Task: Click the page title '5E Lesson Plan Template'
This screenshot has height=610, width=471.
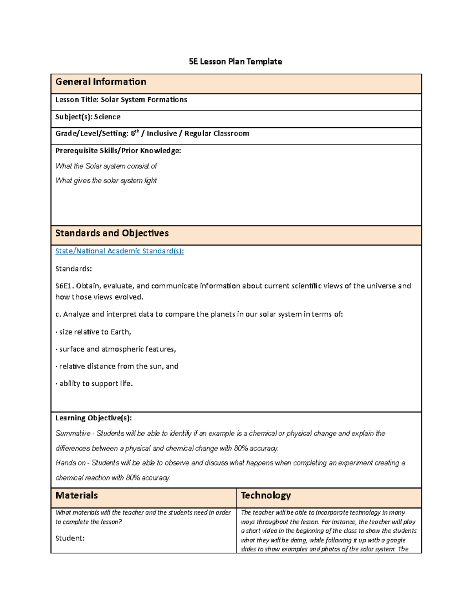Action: [x=235, y=62]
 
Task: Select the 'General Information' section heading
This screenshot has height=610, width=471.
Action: [x=100, y=82]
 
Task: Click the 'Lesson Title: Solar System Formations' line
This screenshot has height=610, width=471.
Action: [x=121, y=100]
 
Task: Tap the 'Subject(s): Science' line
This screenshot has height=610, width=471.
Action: [x=88, y=117]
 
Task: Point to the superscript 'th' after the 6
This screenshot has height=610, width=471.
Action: [x=137, y=132]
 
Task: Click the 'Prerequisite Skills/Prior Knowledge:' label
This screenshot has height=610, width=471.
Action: [x=118, y=151]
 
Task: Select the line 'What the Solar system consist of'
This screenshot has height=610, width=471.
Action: [x=106, y=166]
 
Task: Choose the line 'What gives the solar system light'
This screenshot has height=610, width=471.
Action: [x=106, y=181]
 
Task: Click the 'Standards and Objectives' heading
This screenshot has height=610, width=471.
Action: [x=112, y=233]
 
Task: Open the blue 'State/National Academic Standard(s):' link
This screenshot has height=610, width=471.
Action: [x=119, y=251]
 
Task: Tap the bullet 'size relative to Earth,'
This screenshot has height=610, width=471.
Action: [x=95, y=332]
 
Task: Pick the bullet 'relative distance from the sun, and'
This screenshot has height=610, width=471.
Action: [x=118, y=366]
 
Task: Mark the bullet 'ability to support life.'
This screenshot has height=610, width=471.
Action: [x=95, y=384]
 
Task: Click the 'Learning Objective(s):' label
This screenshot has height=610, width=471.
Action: [x=93, y=418]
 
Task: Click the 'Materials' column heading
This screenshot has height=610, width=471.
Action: [x=77, y=496]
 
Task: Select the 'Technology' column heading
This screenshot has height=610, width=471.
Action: [x=266, y=496]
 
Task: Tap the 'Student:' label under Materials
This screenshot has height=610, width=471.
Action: [x=70, y=539]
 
